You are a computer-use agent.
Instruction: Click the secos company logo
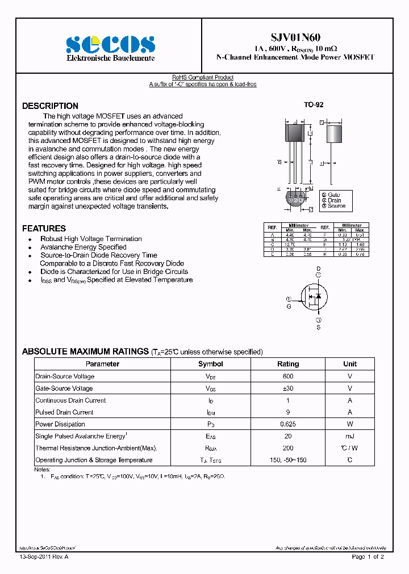(110, 44)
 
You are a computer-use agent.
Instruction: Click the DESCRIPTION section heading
(50, 106)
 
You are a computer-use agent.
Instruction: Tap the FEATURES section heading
(44, 229)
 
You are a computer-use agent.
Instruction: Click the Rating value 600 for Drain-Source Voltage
(287, 377)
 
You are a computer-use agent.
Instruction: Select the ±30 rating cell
(287, 389)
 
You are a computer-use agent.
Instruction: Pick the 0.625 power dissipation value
(287, 424)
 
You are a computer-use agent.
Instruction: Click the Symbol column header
(210, 364)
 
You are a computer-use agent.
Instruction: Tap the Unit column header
(350, 364)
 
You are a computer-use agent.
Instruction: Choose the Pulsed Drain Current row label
(64, 412)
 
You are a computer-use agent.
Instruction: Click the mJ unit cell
(350, 436)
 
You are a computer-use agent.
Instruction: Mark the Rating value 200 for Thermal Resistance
(287, 448)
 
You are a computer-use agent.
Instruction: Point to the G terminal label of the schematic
(289, 306)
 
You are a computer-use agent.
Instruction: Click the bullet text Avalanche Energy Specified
(84, 247)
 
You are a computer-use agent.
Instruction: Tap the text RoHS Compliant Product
(203, 78)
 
